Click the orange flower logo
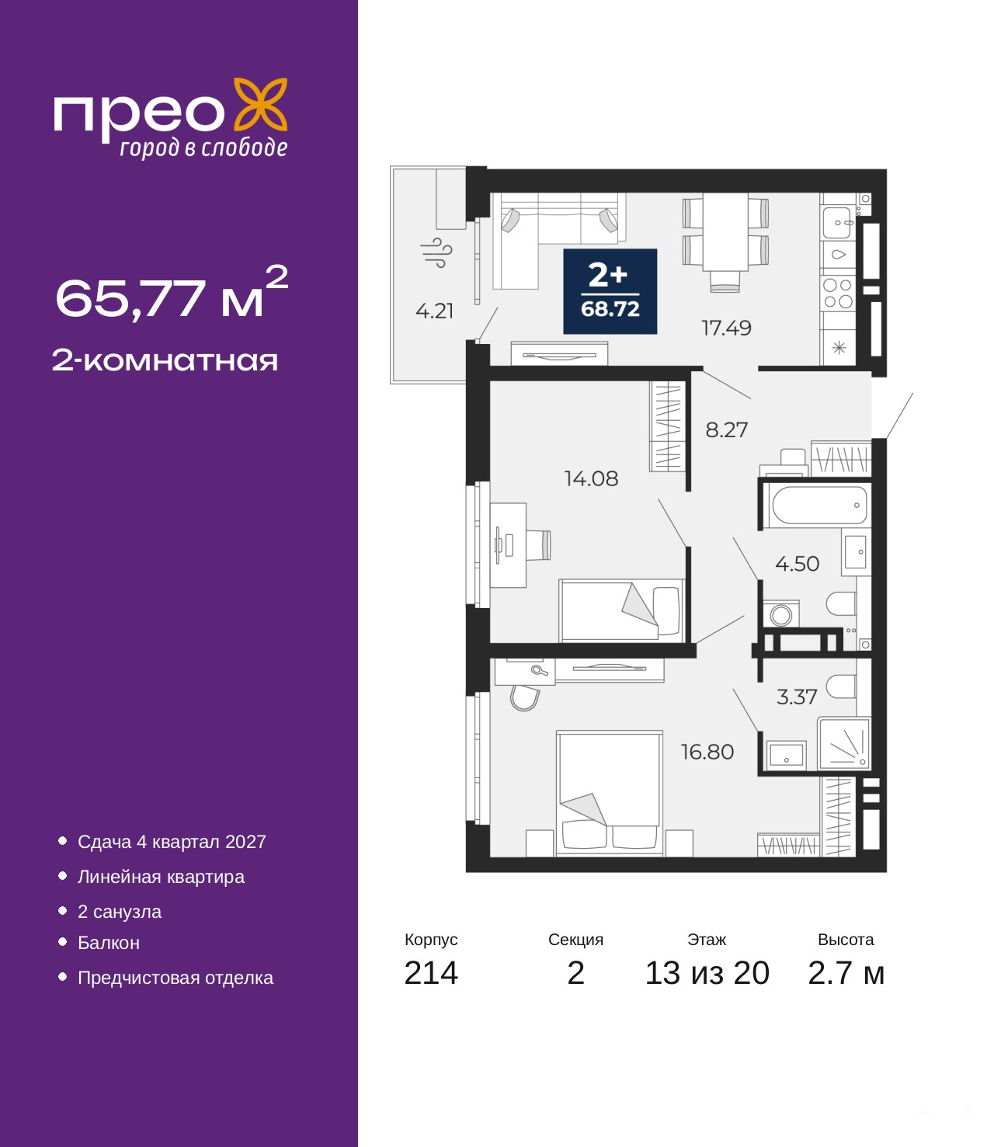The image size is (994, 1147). tap(260, 106)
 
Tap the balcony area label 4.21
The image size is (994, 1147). tap(435, 311)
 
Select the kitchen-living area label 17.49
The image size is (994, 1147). tap(727, 328)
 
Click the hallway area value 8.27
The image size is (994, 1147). tap(727, 429)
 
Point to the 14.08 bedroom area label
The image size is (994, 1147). tap(591, 478)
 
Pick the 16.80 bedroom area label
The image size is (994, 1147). tap(707, 752)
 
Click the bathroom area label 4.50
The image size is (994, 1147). tap(797, 564)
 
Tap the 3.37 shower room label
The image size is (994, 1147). tap(797, 697)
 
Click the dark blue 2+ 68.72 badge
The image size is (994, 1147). tap(610, 291)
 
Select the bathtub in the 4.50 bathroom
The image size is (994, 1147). tap(819, 505)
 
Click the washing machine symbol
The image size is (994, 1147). tap(781, 614)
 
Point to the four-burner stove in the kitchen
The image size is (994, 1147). tap(838, 293)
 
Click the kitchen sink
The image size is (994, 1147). tap(837, 223)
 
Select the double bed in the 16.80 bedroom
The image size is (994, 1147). tap(610, 794)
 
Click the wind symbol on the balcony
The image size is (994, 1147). tap(436, 253)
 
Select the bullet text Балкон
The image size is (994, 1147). tap(109, 943)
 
